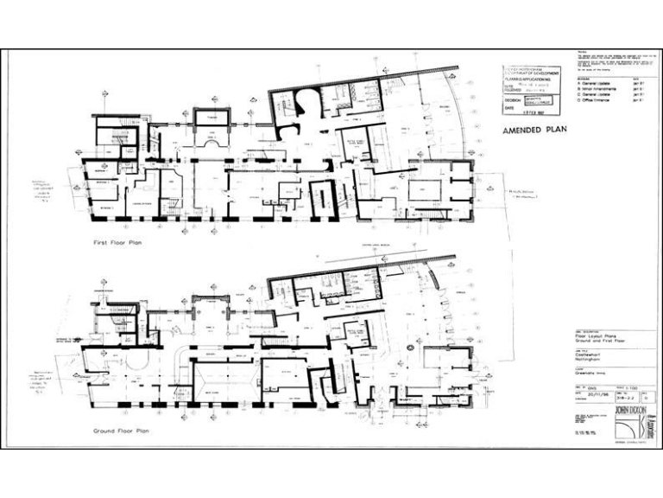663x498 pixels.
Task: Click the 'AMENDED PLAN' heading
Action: click(x=540, y=131)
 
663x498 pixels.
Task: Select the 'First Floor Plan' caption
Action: click(x=118, y=243)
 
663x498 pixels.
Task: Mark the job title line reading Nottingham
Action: click(x=590, y=358)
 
